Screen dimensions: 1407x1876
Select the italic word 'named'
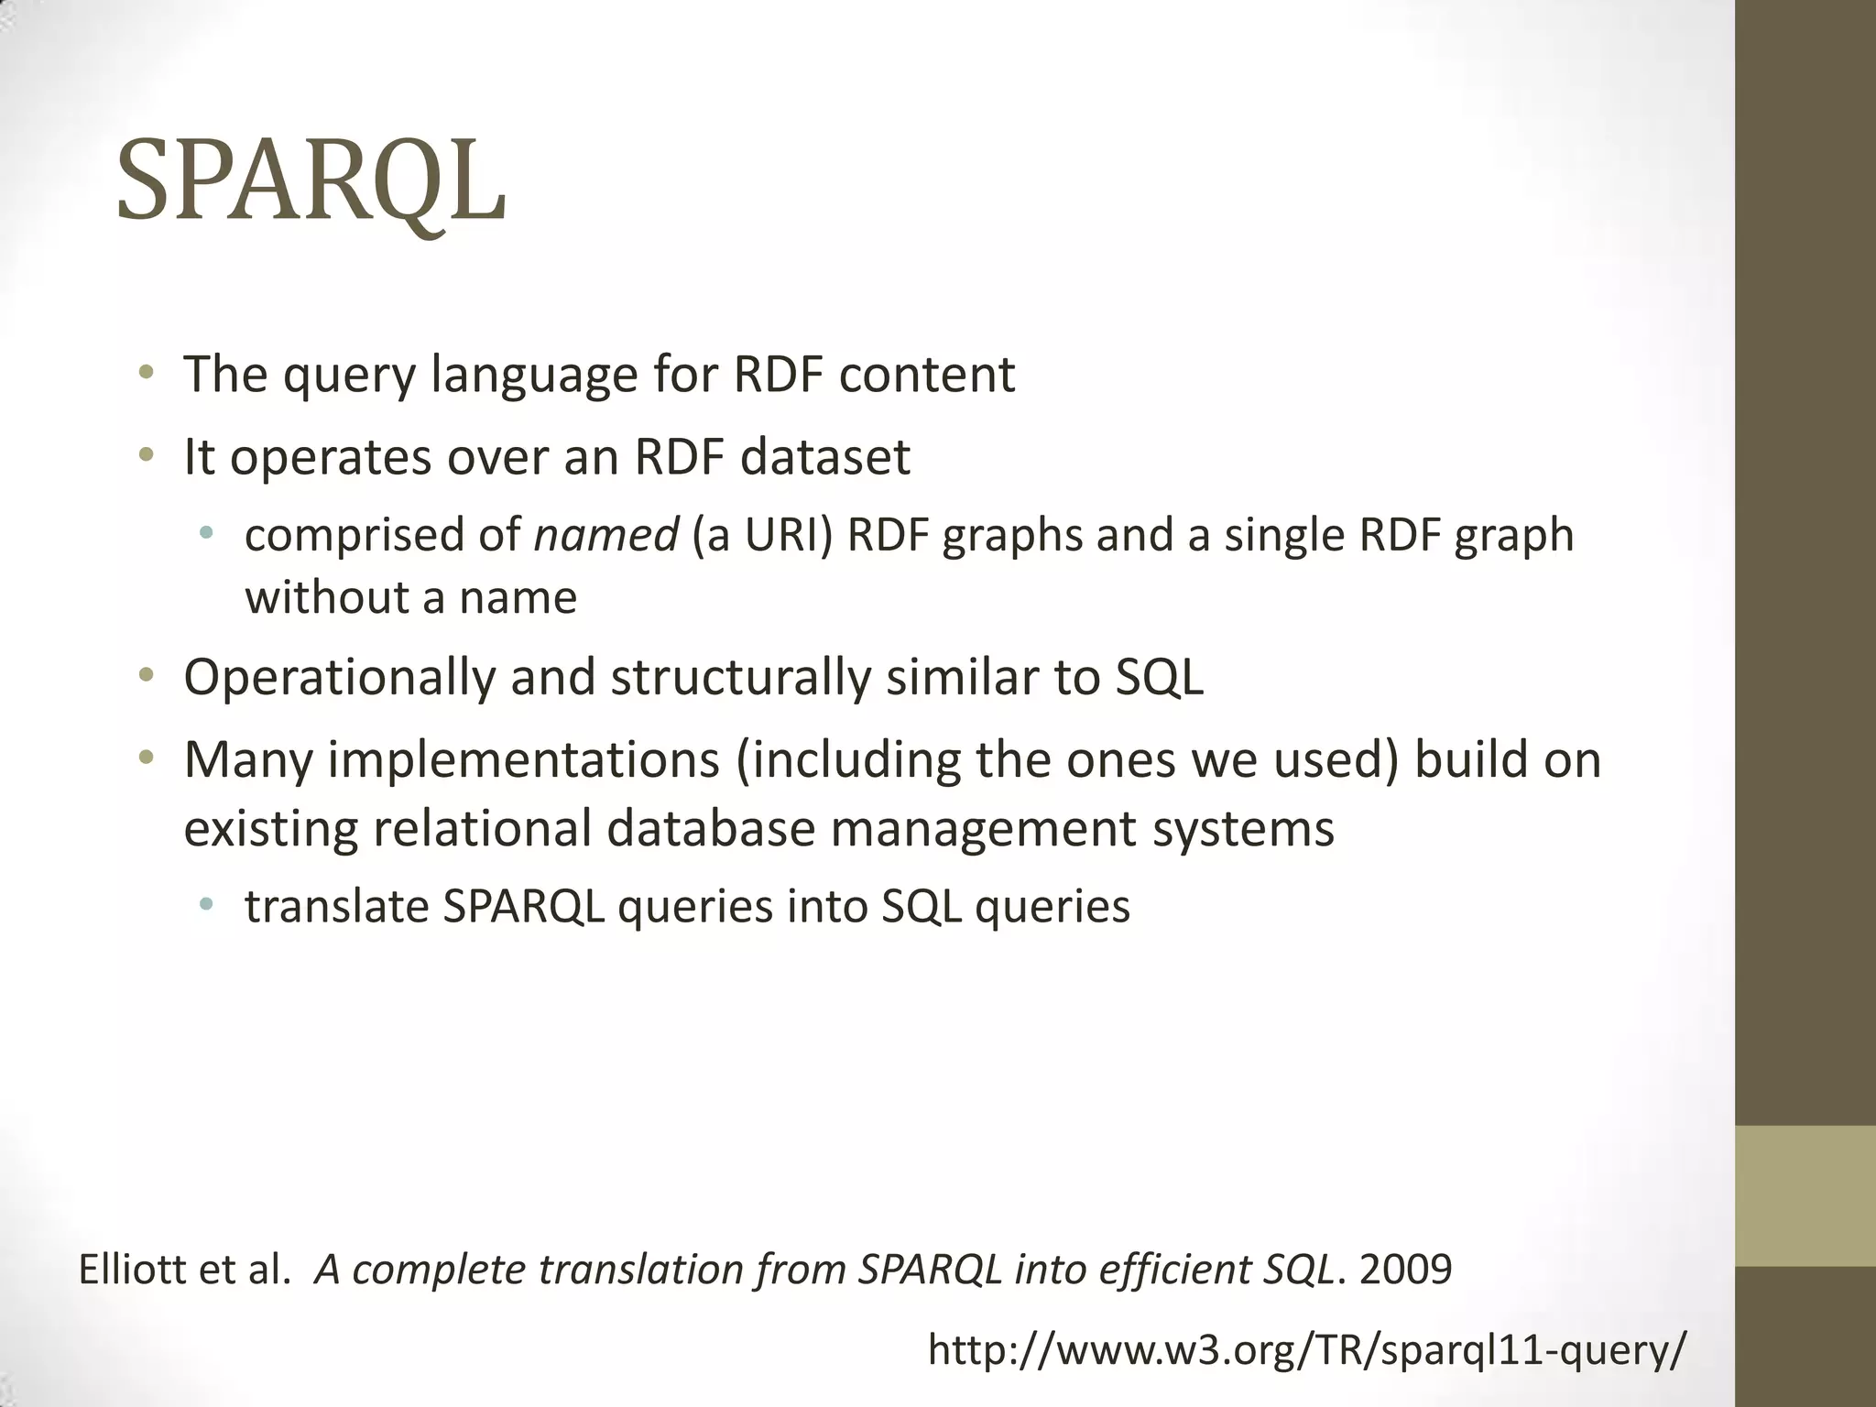(605, 535)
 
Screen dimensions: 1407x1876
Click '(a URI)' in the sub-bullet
(762, 535)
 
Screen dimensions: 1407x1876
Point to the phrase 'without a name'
(410, 598)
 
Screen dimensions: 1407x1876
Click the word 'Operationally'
(339, 678)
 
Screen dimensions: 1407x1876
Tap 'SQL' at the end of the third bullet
(1159, 678)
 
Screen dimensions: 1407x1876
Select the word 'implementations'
(524, 760)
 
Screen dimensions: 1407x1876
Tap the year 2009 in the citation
(1406, 1270)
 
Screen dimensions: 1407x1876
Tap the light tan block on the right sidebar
(1805, 1195)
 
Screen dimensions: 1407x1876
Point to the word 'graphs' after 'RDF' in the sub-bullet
(1012, 535)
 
